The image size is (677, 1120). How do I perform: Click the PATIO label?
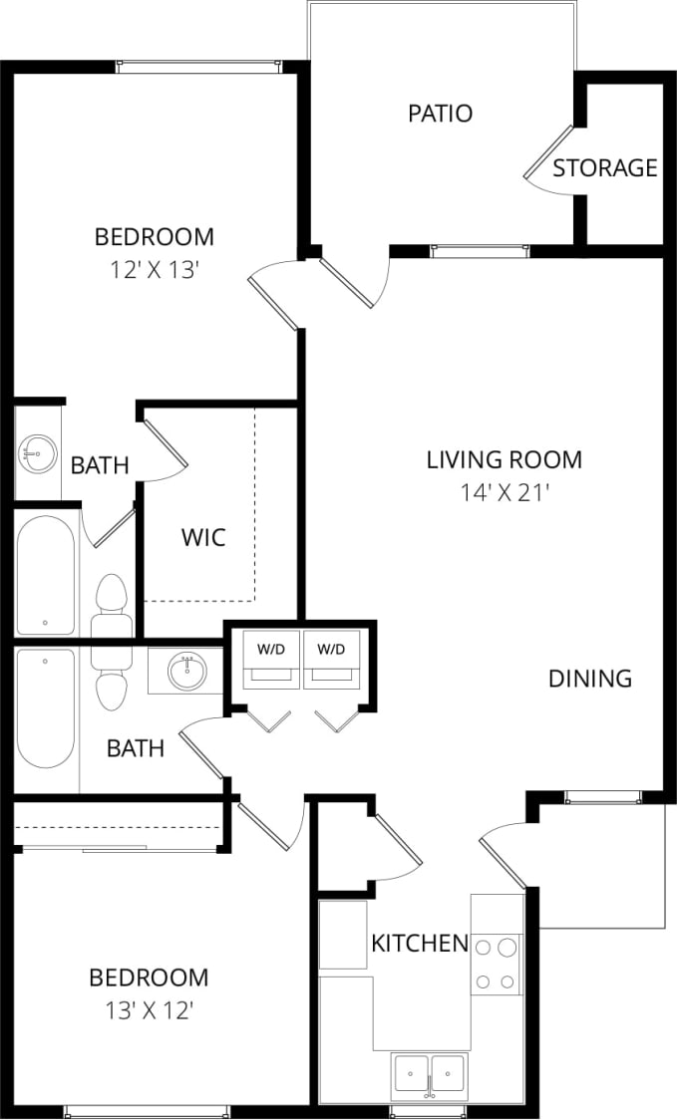440,114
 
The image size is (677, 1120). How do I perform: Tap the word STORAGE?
605,168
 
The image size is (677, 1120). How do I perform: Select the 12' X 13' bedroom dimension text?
154,269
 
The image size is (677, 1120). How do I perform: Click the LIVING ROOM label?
504,460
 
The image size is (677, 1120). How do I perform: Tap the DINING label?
590,679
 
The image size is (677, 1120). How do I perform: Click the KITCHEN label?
420,943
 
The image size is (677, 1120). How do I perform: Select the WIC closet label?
203,538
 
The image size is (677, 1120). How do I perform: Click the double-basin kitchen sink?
430,1074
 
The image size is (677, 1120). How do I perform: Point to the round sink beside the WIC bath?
37,454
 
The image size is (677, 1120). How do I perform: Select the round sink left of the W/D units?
184,671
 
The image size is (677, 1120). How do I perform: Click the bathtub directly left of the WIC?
45,574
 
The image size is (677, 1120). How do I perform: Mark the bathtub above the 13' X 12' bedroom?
46,707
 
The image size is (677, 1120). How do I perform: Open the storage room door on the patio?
549,154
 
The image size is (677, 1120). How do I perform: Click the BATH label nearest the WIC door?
100,465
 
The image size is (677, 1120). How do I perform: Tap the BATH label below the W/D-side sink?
136,747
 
